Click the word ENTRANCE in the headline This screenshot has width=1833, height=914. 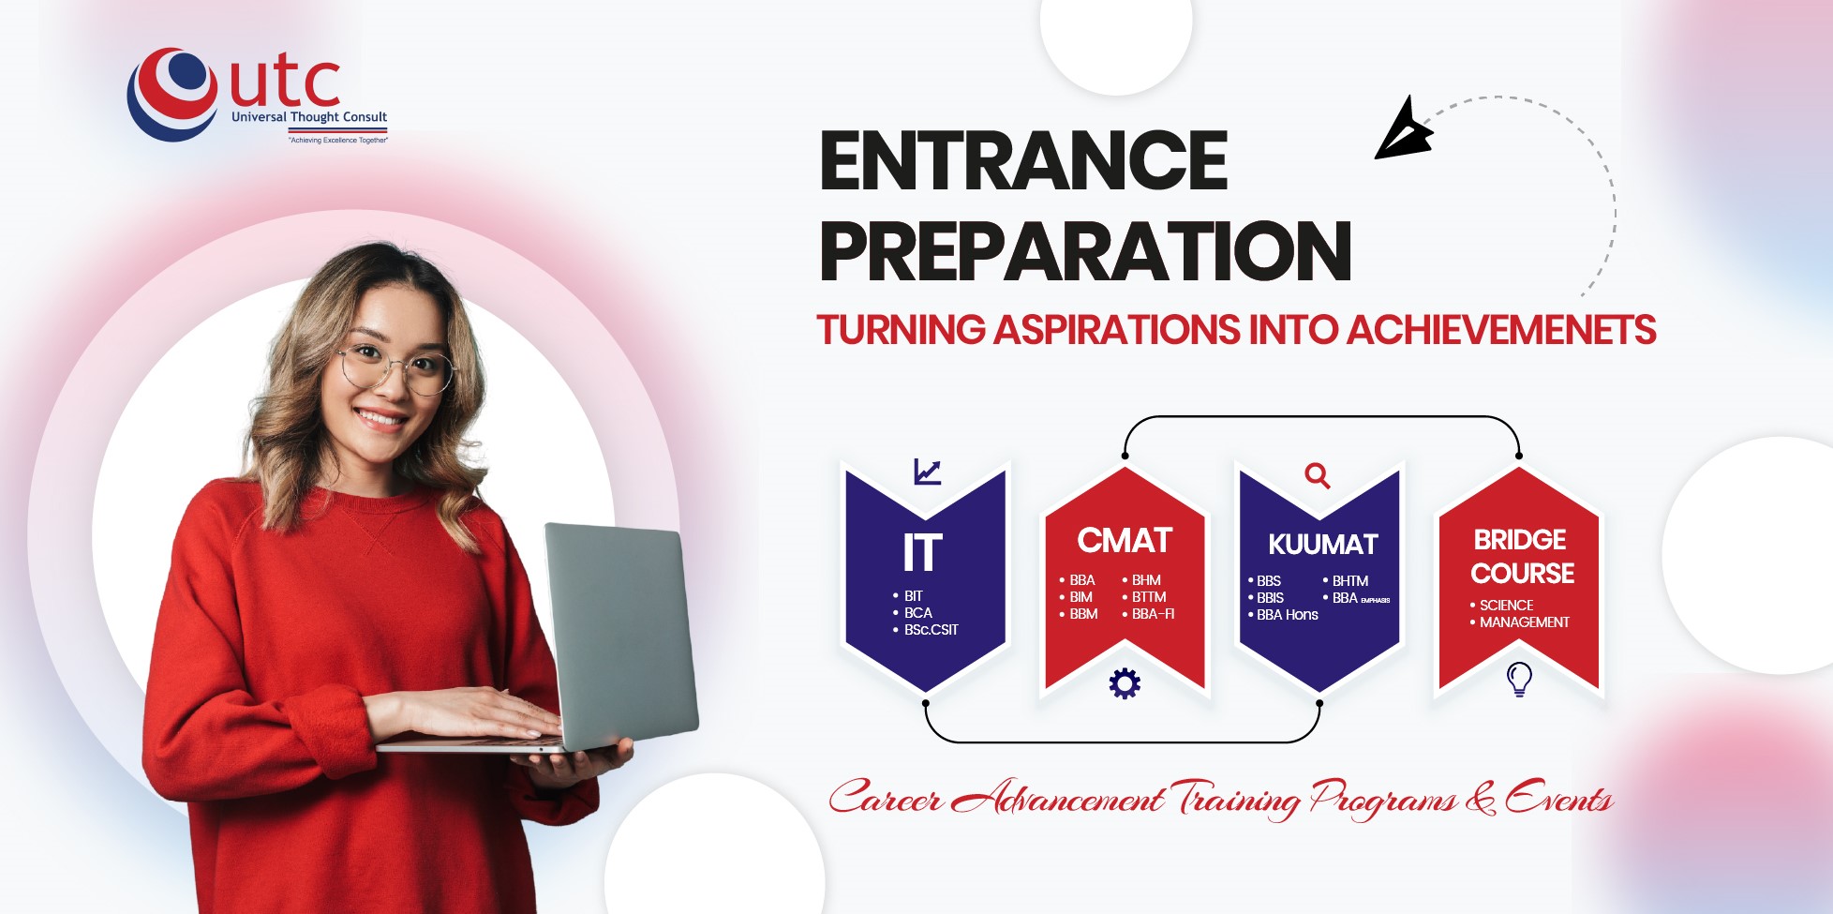pos(1023,160)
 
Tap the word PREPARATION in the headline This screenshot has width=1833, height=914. pos(1085,251)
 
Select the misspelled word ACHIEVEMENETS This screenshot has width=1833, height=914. pos(1501,330)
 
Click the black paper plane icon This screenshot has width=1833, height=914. pos(1403,129)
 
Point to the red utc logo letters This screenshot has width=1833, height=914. pos(285,82)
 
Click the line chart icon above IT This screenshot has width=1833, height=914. pos(927,472)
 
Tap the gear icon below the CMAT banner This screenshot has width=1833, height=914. pos(1125,683)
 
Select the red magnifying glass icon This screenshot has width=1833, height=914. pos(1318,475)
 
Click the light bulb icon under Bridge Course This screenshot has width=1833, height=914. pos(1519,679)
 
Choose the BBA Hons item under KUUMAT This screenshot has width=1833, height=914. pos(1283,615)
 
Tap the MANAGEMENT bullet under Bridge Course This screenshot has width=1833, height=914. pos(1519,622)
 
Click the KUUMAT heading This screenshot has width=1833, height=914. pos(1323,545)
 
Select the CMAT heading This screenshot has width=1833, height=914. pos(1125,541)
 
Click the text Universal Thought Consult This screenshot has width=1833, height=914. pos(309,117)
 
